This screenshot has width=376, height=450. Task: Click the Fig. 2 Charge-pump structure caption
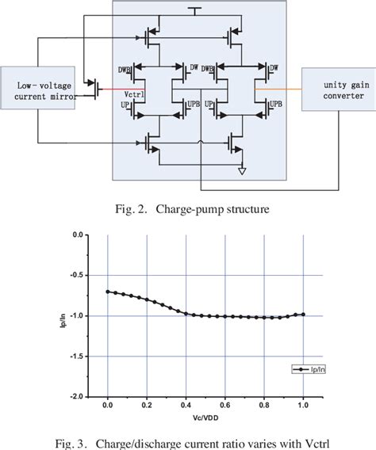tap(187, 209)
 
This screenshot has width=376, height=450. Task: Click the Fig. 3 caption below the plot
tap(189, 440)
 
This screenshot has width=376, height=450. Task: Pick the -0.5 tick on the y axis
tap(77, 276)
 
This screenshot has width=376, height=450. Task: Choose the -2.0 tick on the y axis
tap(77, 396)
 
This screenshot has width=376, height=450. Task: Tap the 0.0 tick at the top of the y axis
tap(79, 235)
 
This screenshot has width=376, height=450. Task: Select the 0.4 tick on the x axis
tap(186, 406)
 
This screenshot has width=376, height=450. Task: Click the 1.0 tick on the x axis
tap(303, 406)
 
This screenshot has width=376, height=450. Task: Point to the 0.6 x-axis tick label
tap(224, 406)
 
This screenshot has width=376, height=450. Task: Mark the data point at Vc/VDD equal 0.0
tap(108, 292)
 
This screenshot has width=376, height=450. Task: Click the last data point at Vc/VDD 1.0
tap(303, 315)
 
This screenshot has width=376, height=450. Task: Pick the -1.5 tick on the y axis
tap(77, 357)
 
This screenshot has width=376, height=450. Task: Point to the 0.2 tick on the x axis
tap(147, 406)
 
